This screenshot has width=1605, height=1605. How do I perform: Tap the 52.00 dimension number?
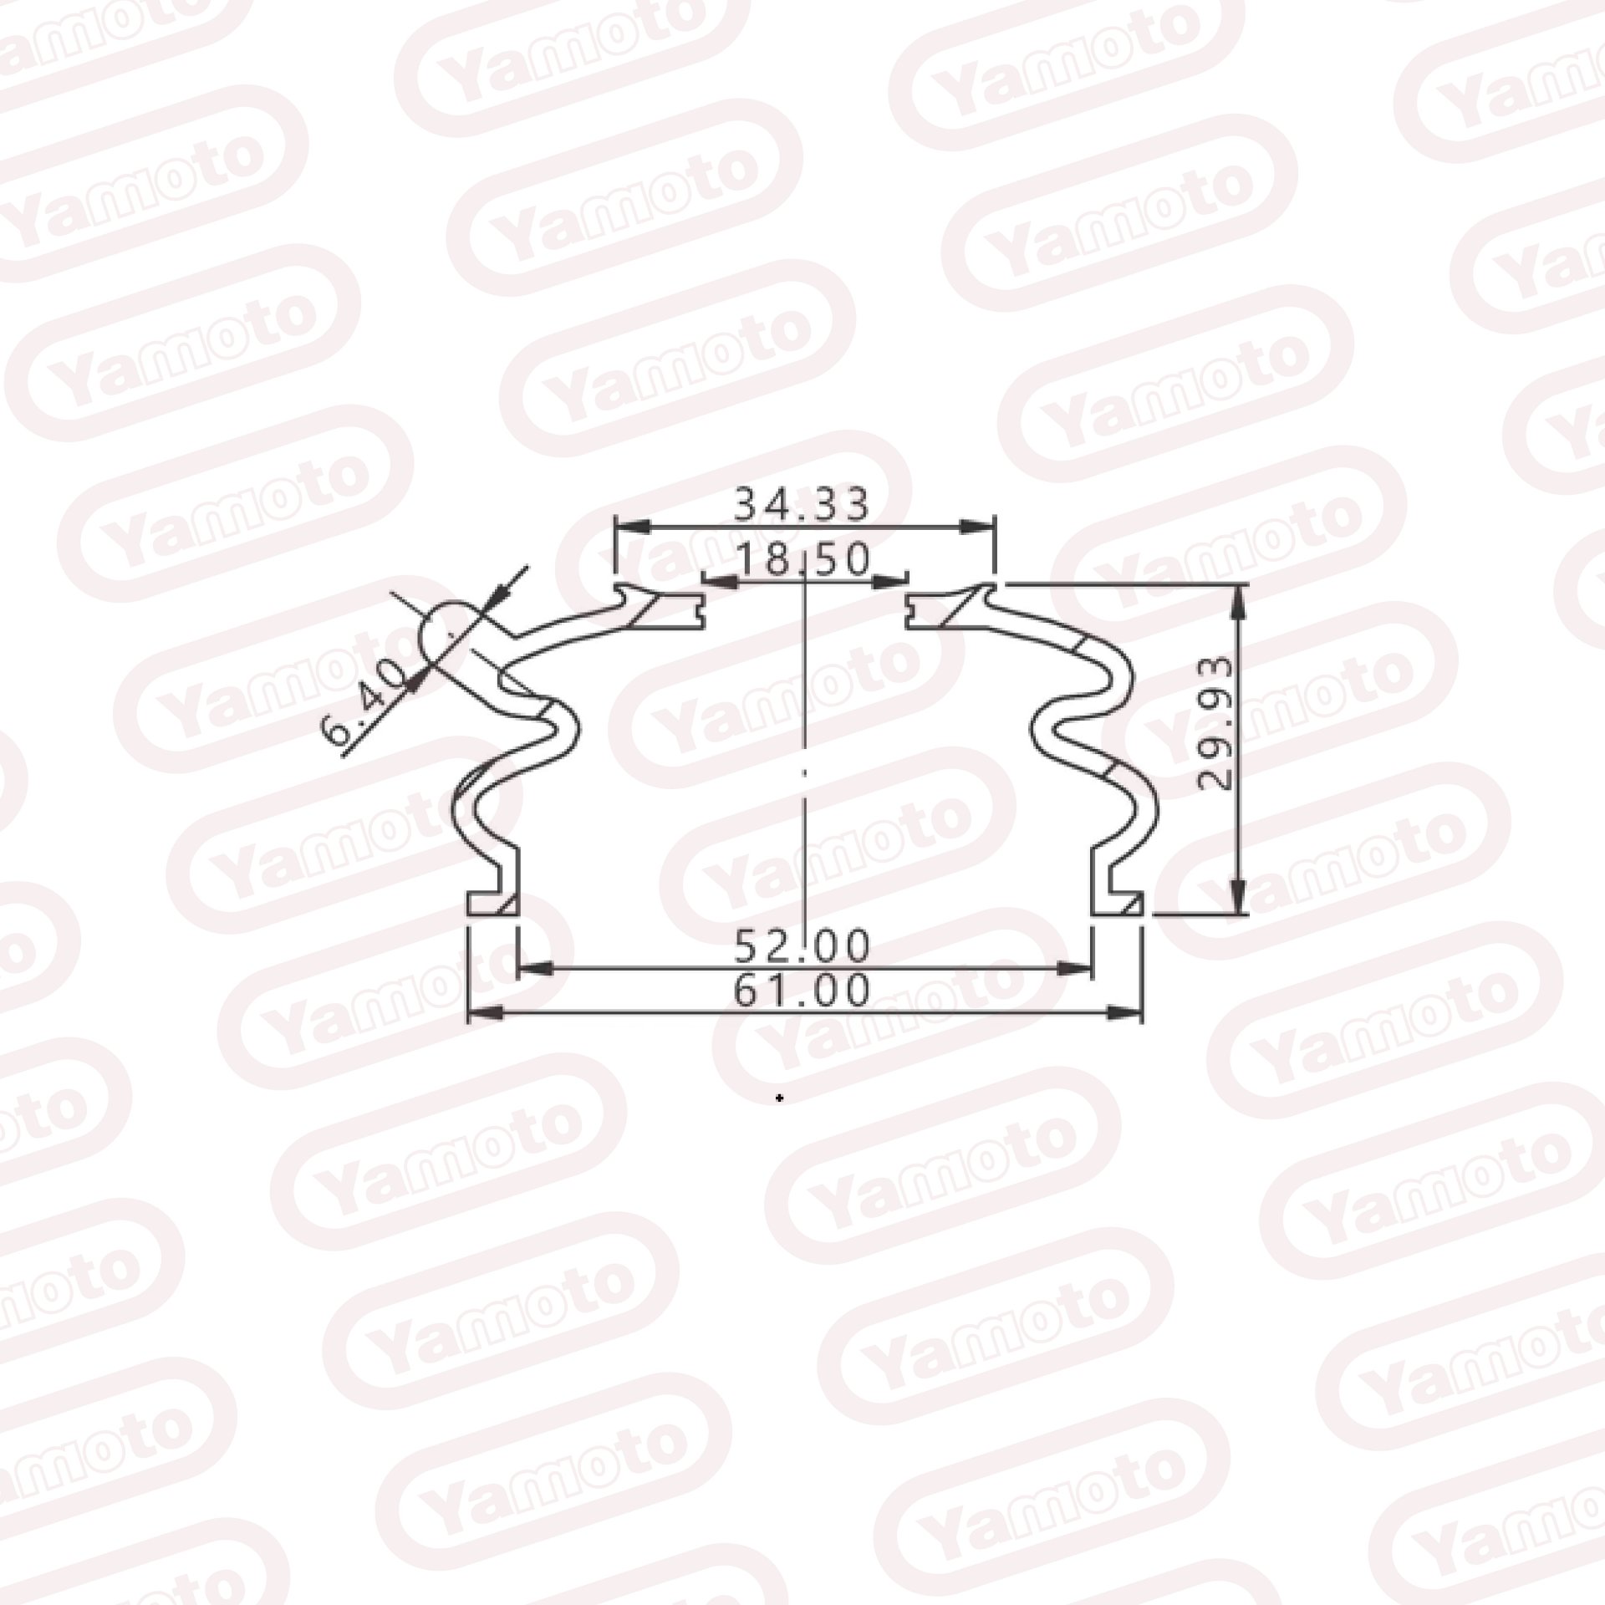point(802,946)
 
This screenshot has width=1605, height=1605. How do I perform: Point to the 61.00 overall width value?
point(802,991)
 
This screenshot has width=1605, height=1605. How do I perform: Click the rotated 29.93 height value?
point(1215,724)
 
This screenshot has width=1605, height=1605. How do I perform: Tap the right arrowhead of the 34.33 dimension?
point(978,527)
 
